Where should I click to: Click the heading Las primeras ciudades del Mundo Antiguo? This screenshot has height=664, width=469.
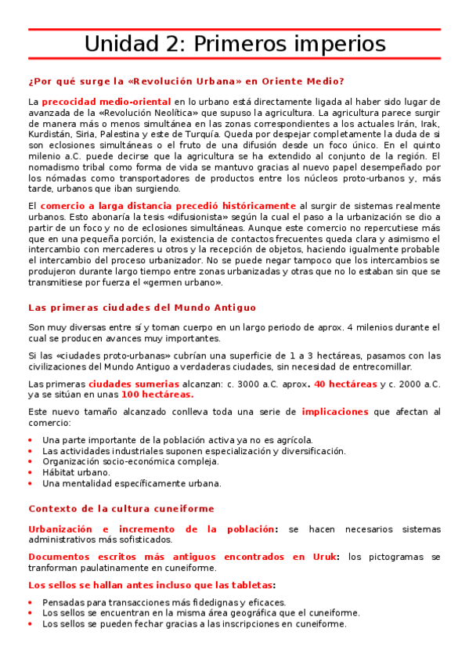(142, 308)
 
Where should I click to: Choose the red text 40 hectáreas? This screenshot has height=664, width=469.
(345, 384)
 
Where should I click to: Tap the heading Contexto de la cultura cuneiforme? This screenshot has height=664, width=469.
(121, 508)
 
